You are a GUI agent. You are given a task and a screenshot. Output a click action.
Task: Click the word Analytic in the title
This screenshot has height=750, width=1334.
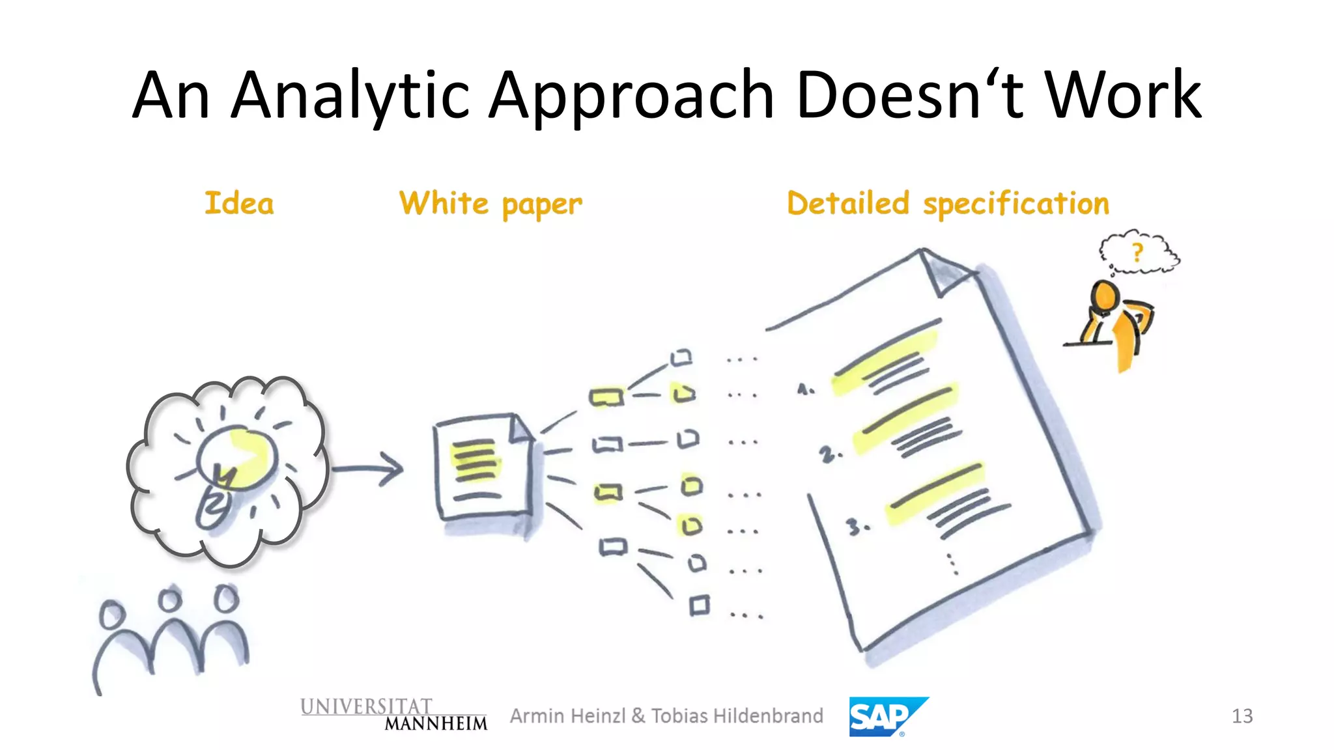(x=350, y=96)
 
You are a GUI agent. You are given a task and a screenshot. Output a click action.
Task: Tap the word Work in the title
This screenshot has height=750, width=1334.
(x=1124, y=96)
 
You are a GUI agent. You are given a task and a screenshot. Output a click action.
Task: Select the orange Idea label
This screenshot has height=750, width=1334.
(x=239, y=203)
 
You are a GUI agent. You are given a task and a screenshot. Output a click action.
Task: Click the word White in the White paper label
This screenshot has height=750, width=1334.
(x=444, y=203)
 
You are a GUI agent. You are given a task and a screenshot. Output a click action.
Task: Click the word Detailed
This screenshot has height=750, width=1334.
(x=848, y=203)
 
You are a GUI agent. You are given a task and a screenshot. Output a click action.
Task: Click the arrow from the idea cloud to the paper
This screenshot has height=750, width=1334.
(x=368, y=468)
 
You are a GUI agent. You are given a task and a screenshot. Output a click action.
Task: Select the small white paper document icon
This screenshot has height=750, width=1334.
(x=484, y=467)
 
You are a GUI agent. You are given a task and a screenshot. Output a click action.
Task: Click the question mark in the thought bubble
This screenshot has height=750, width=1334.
(x=1137, y=252)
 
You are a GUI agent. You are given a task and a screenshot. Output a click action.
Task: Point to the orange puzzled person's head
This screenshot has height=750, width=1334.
(x=1105, y=296)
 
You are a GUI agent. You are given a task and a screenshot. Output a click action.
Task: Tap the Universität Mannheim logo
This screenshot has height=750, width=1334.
(x=393, y=714)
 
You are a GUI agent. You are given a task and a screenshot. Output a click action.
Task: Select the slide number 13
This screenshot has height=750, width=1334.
(x=1242, y=716)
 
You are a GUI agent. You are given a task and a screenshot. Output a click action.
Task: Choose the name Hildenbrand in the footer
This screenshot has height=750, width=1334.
(x=769, y=716)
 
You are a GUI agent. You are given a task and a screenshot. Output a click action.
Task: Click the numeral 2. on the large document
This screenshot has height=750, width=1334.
(x=830, y=454)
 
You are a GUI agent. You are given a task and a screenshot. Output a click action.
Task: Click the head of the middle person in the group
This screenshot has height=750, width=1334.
(x=171, y=599)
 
